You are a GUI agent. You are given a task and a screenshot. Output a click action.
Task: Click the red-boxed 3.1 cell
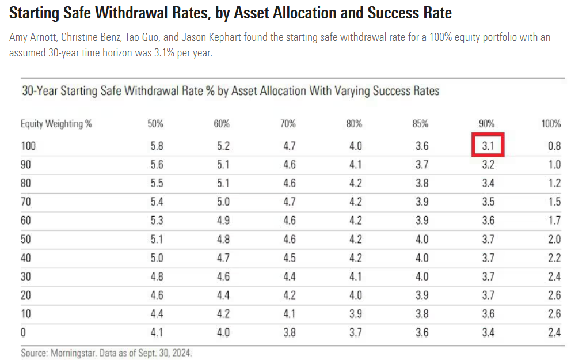click(488, 146)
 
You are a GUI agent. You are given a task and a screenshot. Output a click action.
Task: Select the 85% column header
click(421, 124)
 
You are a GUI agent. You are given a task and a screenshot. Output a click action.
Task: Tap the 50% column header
click(155, 124)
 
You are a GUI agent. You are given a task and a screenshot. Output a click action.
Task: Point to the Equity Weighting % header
click(56, 124)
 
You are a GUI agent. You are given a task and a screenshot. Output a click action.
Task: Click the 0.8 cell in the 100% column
click(554, 146)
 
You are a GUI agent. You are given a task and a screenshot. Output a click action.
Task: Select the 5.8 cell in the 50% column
click(157, 146)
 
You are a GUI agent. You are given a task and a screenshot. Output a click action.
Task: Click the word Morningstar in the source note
click(73, 353)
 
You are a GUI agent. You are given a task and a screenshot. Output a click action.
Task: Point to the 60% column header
click(222, 124)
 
